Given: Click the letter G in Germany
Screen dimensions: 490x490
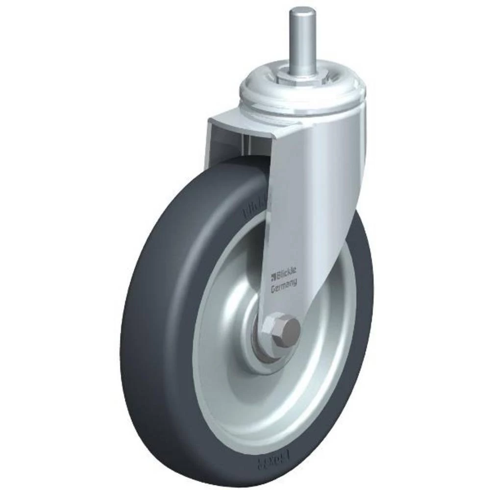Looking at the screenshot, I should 274,290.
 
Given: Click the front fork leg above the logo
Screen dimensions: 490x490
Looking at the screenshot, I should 294,206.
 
